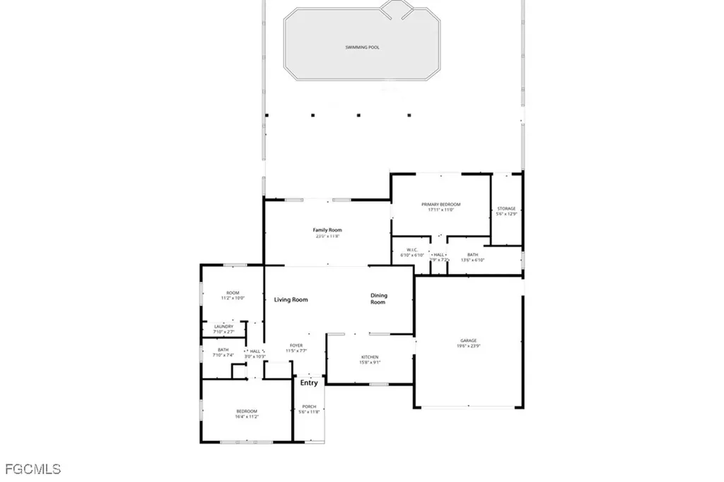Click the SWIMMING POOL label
click(x=362, y=47)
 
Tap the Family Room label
click(x=327, y=230)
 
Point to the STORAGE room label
click(x=506, y=208)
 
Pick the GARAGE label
click(x=469, y=340)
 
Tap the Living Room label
click(x=291, y=300)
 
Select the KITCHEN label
click(x=370, y=357)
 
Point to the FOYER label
click(x=296, y=345)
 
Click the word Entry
click(x=309, y=383)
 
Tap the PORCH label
click(x=309, y=406)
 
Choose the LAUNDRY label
click(x=223, y=326)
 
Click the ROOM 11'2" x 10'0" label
click(x=233, y=293)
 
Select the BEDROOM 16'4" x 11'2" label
click(x=247, y=411)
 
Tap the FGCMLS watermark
click(x=33, y=469)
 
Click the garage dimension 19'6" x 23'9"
click(x=469, y=346)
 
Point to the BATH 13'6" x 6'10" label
click(x=473, y=255)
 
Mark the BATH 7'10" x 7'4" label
click(x=223, y=350)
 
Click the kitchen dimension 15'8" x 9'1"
click(x=370, y=362)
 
